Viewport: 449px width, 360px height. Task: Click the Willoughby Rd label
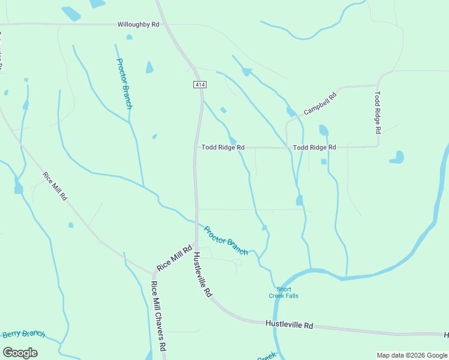tap(138, 25)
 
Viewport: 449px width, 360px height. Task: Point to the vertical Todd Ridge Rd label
tap(378, 112)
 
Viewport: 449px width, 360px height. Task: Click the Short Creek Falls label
tap(283, 293)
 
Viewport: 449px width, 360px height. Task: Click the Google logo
tap(20, 353)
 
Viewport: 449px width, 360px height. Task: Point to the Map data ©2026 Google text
tap(412, 355)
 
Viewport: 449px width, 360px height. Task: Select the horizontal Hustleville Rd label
tap(289, 325)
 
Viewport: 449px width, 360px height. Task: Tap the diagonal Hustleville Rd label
tap(203, 275)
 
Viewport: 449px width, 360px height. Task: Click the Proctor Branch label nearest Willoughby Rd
tap(124, 83)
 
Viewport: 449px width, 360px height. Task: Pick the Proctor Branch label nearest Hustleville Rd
tap(226, 240)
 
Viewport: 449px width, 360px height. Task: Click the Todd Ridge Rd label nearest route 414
tap(223, 147)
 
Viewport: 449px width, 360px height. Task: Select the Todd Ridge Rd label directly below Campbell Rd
tap(314, 147)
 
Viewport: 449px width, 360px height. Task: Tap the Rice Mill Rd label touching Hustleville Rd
tap(174, 257)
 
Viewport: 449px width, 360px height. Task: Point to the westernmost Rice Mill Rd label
tap(55, 187)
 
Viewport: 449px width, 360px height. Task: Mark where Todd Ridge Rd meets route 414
tap(196, 147)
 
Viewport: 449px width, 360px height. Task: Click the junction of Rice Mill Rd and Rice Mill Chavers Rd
tap(152, 274)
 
